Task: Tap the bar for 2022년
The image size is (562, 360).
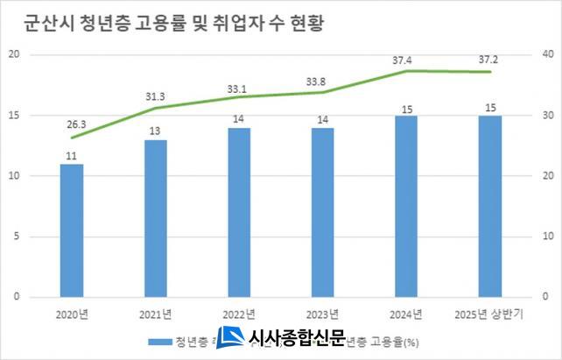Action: [239, 212]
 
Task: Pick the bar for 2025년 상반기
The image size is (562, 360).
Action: [490, 206]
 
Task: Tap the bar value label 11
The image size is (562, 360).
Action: [72, 156]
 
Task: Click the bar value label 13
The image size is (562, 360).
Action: [156, 131]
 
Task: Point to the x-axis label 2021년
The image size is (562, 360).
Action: [156, 314]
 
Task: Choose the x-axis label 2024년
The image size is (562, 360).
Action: [406, 314]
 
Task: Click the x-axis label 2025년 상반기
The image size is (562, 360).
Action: [490, 314]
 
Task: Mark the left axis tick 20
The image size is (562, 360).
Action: [14, 54]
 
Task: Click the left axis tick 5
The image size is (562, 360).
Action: [17, 236]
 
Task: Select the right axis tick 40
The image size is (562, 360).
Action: [548, 54]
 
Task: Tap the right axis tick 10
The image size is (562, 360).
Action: [548, 236]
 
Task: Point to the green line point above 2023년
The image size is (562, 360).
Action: [323, 92]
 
